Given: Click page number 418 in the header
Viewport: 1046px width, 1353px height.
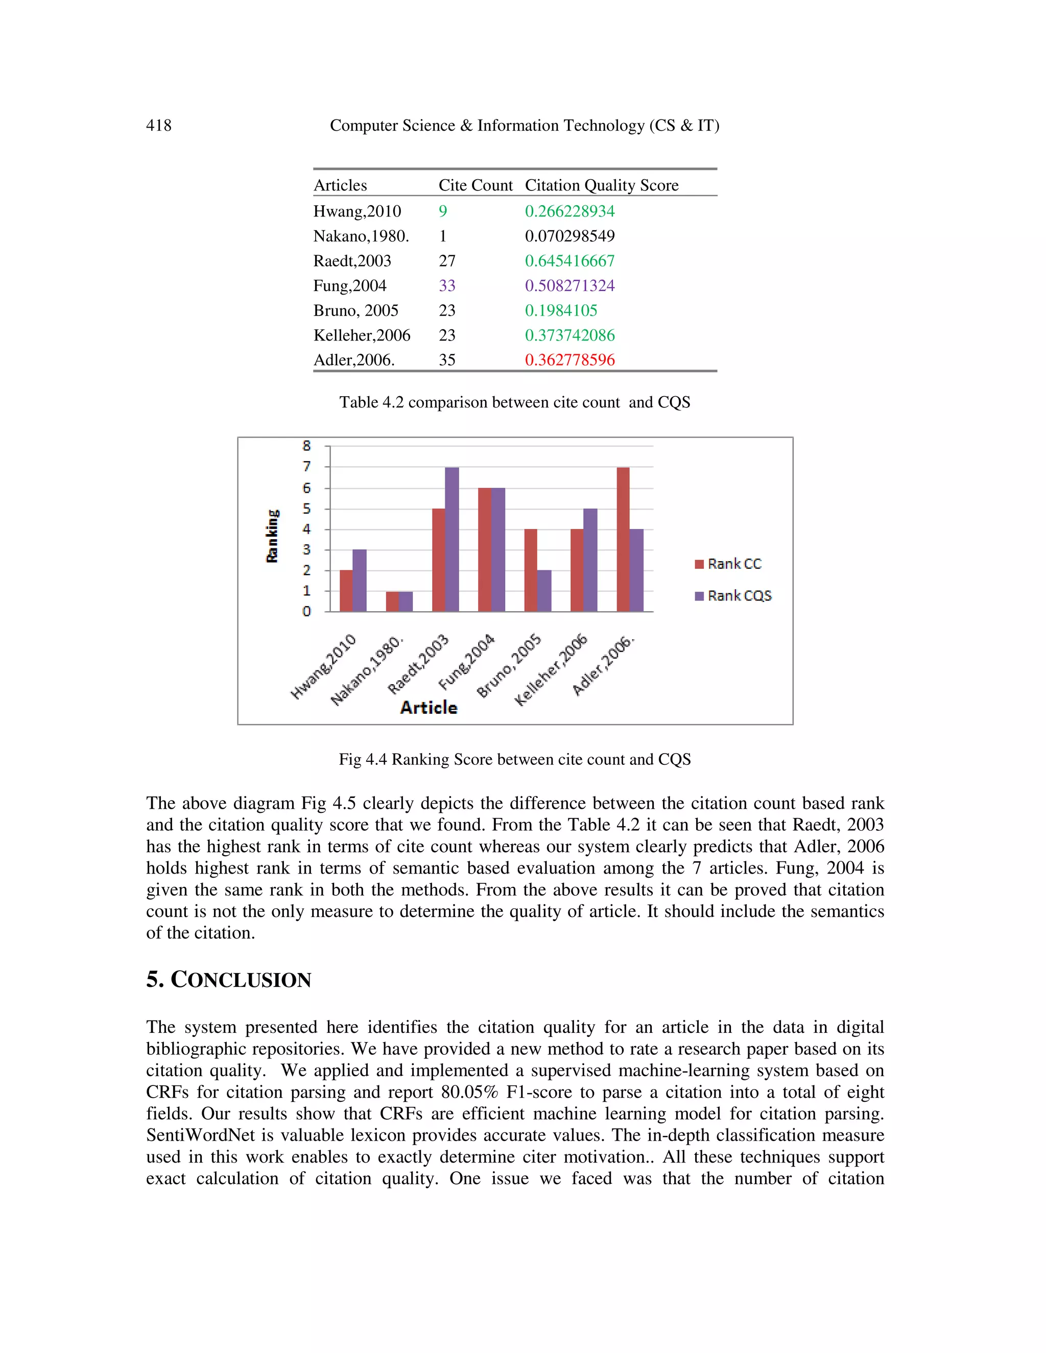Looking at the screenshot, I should (159, 126).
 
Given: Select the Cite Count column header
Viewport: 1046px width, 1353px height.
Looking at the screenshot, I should (476, 185).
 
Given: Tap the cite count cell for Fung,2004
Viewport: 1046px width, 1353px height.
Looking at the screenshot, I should (447, 285).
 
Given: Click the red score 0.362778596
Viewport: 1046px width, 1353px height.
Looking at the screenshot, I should (569, 360).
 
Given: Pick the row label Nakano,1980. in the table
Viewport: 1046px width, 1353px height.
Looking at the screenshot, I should (361, 236).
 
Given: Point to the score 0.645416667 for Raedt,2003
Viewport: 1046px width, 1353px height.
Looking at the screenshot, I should (569, 261).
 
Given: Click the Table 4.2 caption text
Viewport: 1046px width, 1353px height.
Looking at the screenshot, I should (514, 403).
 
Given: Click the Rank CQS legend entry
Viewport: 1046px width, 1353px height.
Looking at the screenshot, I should (734, 596).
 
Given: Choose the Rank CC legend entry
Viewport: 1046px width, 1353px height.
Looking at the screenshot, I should (729, 564).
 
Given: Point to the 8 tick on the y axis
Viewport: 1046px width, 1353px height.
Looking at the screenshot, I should (306, 446).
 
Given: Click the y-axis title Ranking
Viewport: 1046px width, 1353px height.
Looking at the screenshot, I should (272, 536).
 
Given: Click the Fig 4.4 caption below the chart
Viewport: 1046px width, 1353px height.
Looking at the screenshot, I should (514, 760).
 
